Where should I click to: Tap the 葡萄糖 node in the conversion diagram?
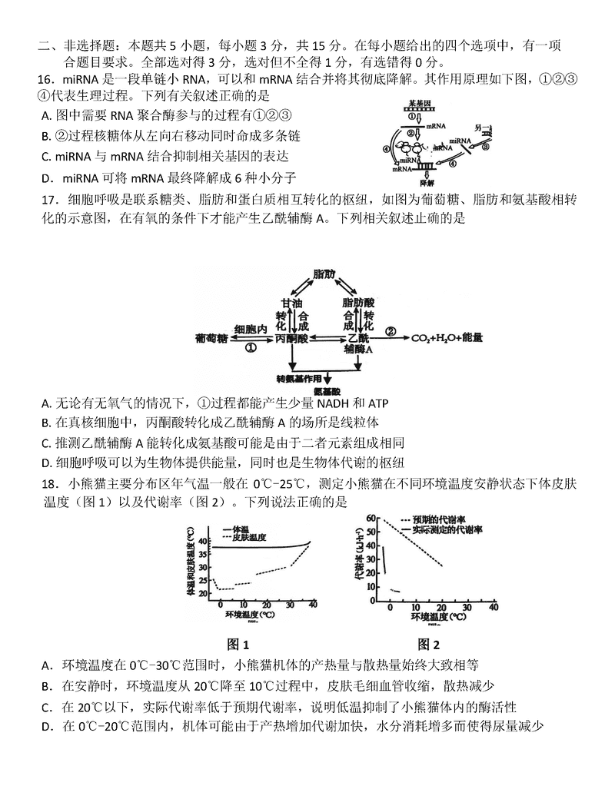211,337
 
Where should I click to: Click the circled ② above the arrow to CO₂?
391,332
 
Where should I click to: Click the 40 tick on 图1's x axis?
312,607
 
